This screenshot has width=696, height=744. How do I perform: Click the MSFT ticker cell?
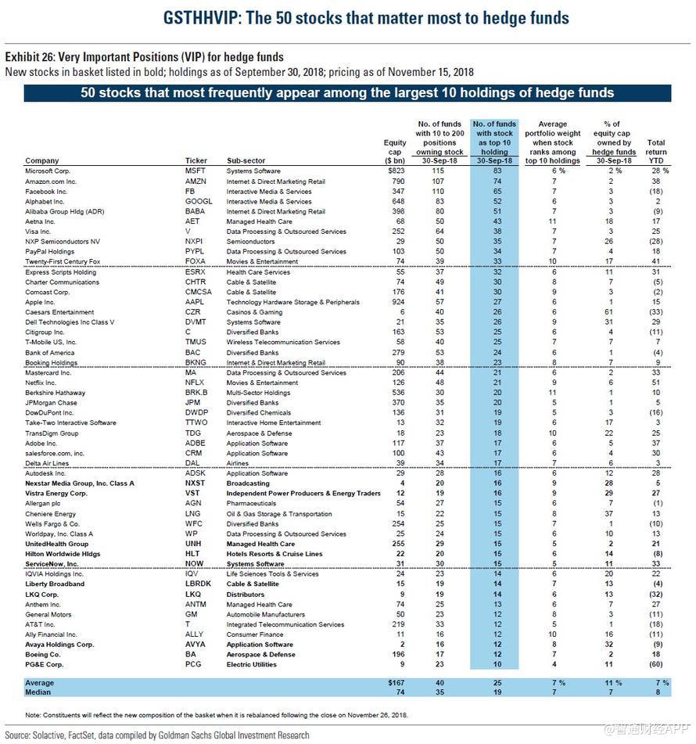pos(195,171)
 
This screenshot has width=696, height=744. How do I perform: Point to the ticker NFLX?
pos(195,383)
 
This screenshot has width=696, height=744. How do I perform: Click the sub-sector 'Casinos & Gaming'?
pos(256,311)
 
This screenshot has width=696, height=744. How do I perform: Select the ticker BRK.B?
pos(196,393)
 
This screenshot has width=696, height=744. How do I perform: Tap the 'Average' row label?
pos(39,682)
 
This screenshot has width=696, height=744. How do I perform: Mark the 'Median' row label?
pos(38,692)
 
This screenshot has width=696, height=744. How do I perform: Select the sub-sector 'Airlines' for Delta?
pos(240,463)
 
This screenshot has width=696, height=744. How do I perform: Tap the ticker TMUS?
pos(196,342)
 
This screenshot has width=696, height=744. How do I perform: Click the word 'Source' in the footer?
pos(16,735)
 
